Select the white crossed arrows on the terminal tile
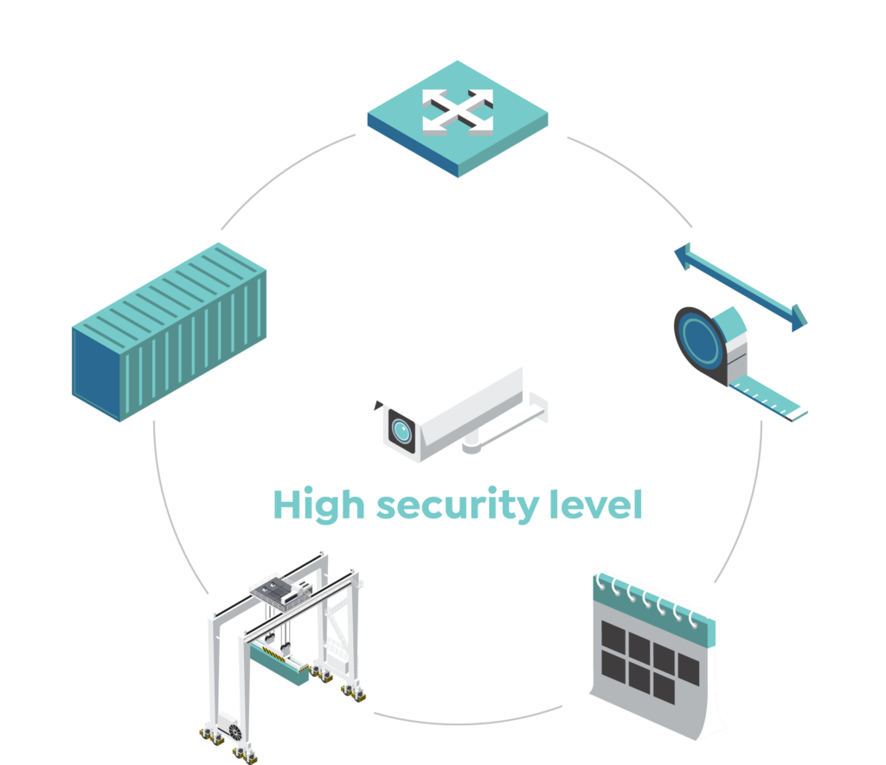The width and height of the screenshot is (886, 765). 458,112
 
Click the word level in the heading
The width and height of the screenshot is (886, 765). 603,504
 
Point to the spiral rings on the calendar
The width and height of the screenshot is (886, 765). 654,595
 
